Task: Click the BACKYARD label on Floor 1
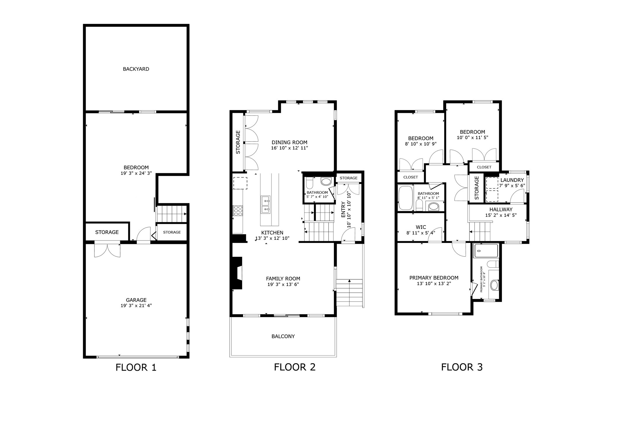point(136,69)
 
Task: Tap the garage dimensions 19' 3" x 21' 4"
point(136,306)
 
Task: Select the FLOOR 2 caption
point(295,367)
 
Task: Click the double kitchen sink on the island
point(266,204)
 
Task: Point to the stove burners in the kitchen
point(238,211)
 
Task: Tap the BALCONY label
point(283,336)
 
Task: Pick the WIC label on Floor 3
point(421,227)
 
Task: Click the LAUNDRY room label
point(512,180)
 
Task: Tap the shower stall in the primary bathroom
point(486,251)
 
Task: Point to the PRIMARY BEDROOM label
point(434,278)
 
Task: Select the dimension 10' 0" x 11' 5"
point(472,137)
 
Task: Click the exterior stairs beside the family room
point(349,292)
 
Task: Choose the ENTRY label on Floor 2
point(343,209)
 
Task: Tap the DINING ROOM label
point(289,142)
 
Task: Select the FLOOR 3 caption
point(462,367)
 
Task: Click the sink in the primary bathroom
point(494,285)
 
